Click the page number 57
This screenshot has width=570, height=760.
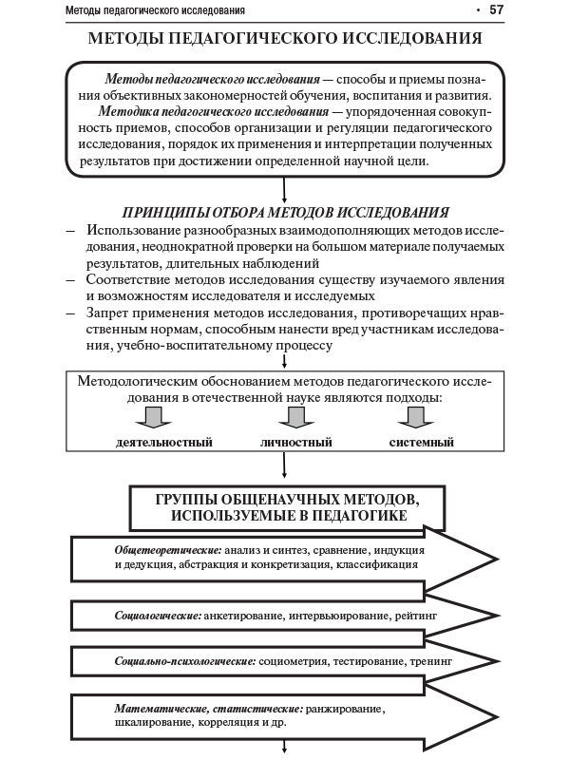pyautogui.click(x=496, y=10)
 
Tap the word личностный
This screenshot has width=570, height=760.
pyautogui.click(x=295, y=443)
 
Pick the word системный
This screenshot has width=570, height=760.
pyautogui.click(x=422, y=443)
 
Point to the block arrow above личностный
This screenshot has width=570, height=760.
pyautogui.click(x=295, y=418)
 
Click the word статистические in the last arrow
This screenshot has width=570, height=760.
pyautogui.click(x=255, y=709)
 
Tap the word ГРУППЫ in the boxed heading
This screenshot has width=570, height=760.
pyautogui.click(x=190, y=499)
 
